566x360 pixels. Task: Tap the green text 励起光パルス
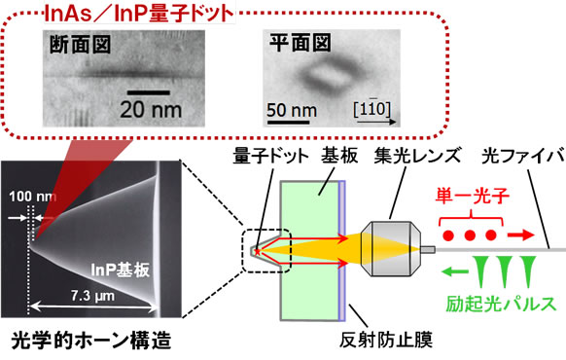pos(497,304)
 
